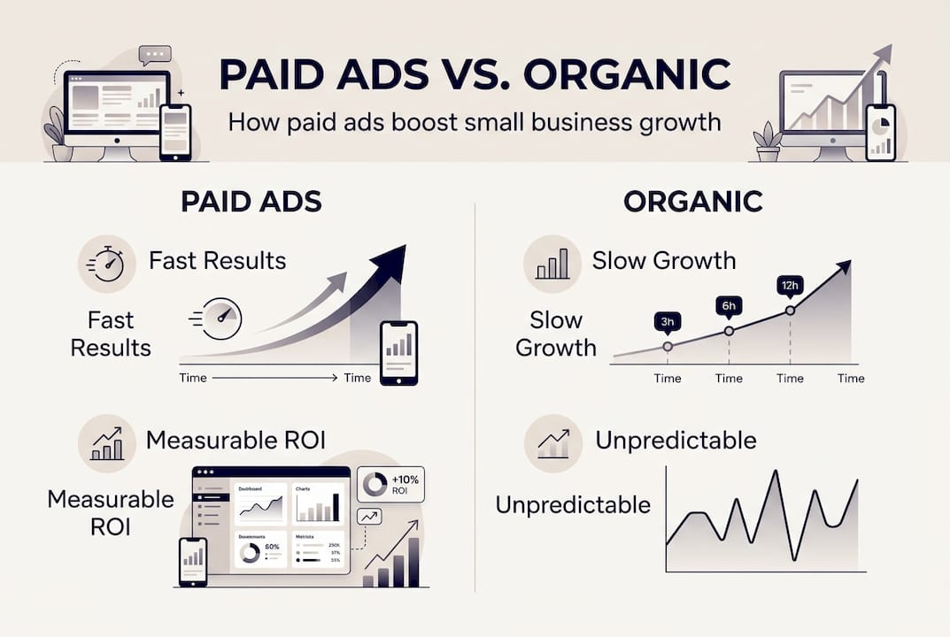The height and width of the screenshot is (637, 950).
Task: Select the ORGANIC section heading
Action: point(692,202)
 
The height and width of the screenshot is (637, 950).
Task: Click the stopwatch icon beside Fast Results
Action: point(106,263)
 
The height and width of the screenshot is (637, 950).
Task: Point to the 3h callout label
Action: point(667,322)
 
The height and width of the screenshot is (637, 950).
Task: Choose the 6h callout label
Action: point(729,305)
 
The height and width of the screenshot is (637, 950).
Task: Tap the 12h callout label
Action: point(790,286)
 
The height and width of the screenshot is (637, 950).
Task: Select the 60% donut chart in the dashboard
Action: point(250,553)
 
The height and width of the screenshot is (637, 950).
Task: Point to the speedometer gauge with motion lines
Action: point(220,316)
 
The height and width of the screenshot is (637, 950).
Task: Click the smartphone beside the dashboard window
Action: point(193,562)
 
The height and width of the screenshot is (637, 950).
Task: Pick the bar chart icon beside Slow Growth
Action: point(552,263)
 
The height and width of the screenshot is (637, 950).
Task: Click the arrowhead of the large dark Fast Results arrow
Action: point(389,261)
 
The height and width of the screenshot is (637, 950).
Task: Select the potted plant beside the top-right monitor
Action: point(766,142)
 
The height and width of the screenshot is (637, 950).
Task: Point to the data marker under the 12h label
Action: point(790,311)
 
